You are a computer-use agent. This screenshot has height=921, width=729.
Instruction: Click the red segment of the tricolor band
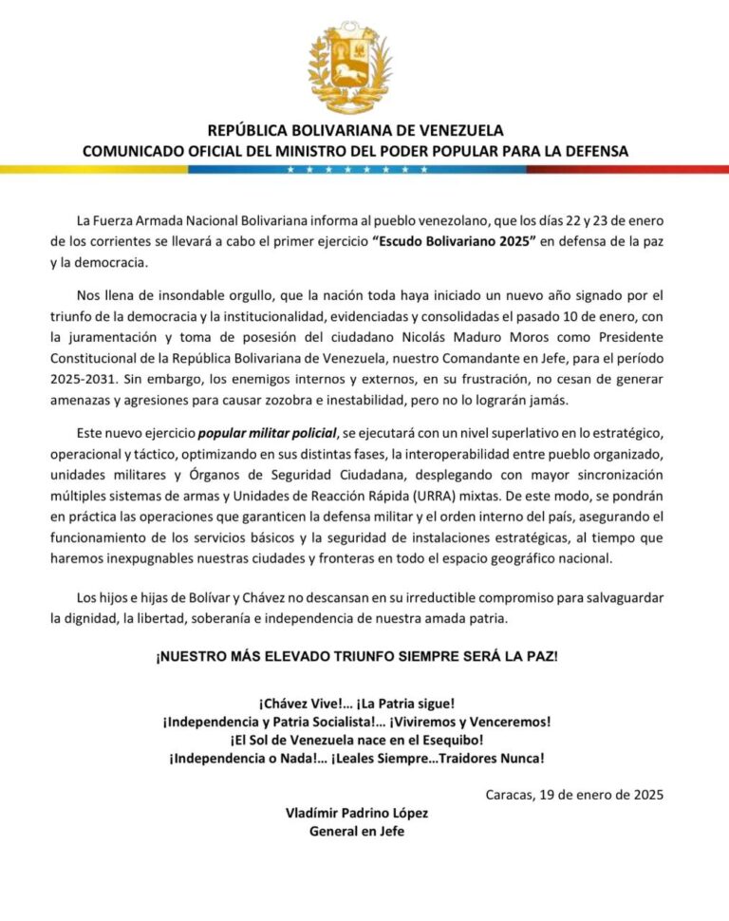(x=627, y=169)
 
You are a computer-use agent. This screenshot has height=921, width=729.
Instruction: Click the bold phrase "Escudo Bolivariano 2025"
(x=455, y=241)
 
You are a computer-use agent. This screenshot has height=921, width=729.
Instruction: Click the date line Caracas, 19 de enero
(x=573, y=795)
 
